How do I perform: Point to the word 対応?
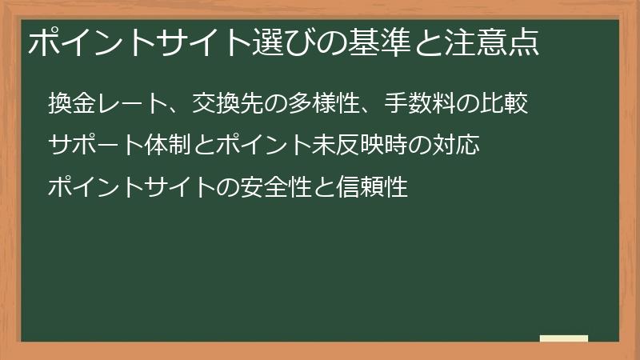click(456, 146)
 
